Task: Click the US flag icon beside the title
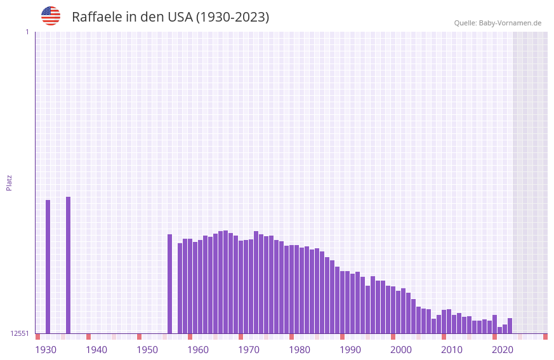[51, 16]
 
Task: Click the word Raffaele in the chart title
[96, 17]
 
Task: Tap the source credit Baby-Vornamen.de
[510, 23]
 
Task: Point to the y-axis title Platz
[9, 182]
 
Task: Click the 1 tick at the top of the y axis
[27, 32]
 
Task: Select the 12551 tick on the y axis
[20, 333]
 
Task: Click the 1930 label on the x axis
[46, 350]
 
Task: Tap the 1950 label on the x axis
[147, 350]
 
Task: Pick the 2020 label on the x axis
[503, 350]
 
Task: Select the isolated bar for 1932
[48, 267]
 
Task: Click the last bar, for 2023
[510, 326]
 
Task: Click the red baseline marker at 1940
[88, 337]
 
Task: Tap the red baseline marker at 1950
[139, 337]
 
